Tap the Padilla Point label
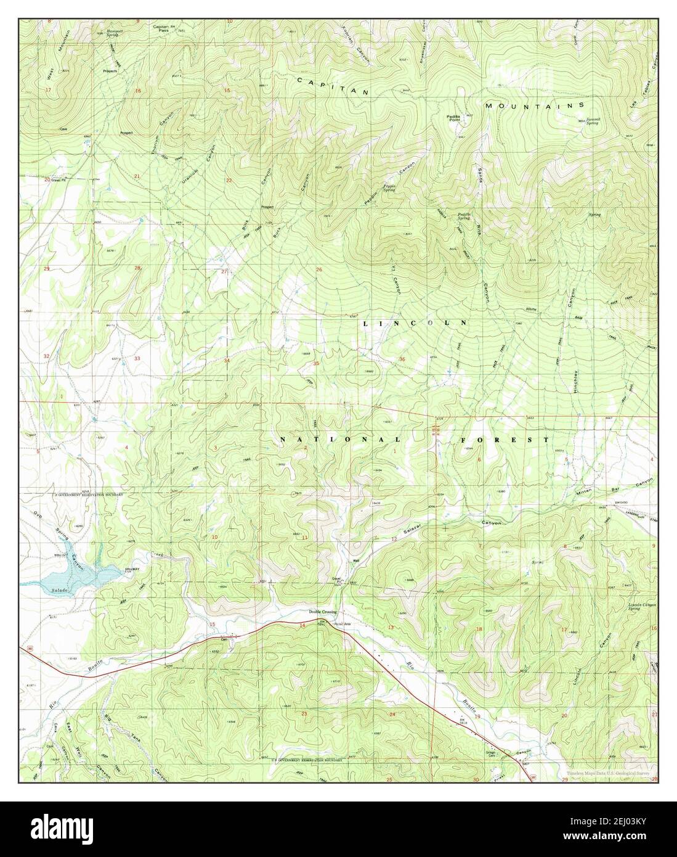(456, 118)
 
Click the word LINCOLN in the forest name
(415, 323)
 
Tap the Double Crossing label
(323, 612)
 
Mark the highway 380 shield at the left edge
(28, 648)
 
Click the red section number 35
(316, 364)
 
